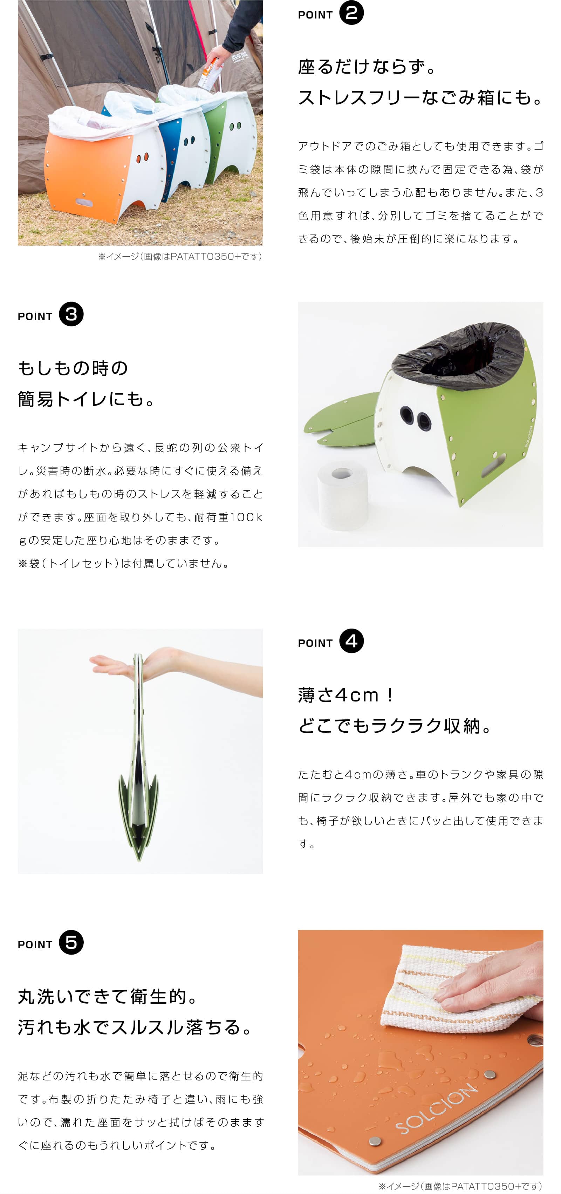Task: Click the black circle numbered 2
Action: pyautogui.click(x=351, y=13)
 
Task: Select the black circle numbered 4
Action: pyautogui.click(x=351, y=641)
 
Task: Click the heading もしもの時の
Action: pyautogui.click(x=73, y=368)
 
